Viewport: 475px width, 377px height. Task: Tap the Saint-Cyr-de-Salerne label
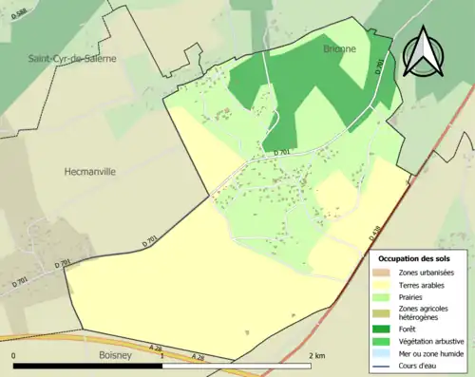click(x=73, y=58)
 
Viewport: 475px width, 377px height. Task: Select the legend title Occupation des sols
click(x=414, y=257)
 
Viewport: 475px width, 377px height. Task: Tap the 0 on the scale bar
click(x=14, y=355)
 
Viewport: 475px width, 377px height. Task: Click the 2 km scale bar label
click(x=319, y=355)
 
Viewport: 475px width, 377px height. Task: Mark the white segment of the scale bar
click(x=237, y=366)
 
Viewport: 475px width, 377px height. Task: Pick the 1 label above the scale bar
click(x=163, y=355)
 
